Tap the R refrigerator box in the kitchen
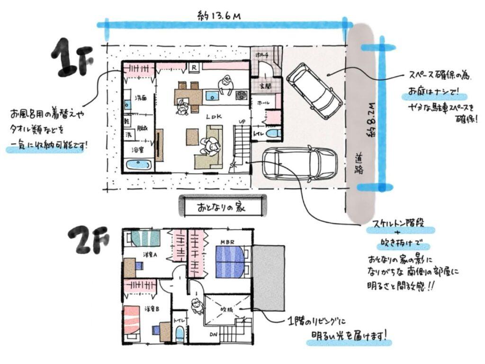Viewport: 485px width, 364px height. click(x=194, y=68)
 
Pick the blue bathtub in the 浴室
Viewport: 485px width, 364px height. click(x=138, y=166)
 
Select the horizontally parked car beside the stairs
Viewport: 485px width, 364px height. click(x=299, y=164)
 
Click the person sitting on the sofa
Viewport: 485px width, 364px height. click(x=209, y=146)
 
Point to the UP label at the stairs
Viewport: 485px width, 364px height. click(x=242, y=122)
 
